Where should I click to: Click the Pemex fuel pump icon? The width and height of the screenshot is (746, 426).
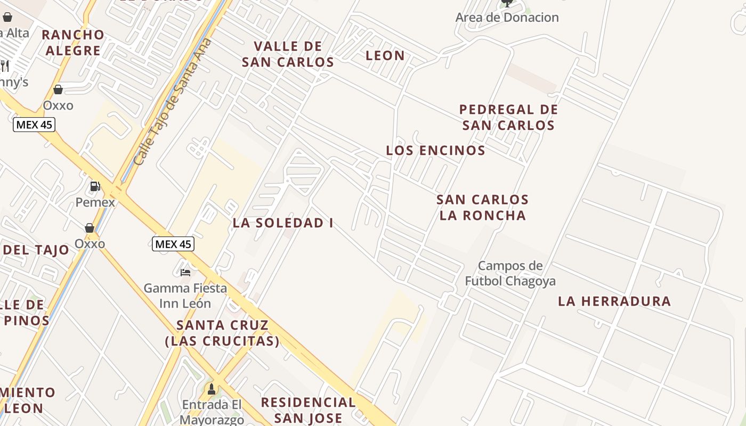point(95,186)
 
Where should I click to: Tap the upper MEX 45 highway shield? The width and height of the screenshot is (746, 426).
point(34,125)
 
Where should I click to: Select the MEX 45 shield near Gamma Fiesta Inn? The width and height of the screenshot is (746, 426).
point(173,244)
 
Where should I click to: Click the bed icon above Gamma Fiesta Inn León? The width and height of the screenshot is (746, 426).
point(185,272)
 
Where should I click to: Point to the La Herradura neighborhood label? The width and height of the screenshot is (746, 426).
point(614,301)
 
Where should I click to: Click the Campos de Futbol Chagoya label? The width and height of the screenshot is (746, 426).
point(510,273)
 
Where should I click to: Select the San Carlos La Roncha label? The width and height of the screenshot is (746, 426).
point(482,208)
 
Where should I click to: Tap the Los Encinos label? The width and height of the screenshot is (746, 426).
point(435,151)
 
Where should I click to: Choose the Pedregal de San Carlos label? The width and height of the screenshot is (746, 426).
point(508,118)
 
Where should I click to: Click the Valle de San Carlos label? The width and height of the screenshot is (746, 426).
point(288,54)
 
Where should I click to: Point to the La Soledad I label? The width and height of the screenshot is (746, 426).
point(283,223)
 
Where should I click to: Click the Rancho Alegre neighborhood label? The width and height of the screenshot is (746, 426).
point(73,43)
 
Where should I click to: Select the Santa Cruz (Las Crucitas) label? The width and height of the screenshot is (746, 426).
point(222,333)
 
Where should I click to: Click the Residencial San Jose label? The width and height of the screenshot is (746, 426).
point(308,410)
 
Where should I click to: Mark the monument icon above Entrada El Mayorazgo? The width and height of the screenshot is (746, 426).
point(212,389)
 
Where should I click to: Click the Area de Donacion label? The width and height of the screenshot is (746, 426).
point(507,18)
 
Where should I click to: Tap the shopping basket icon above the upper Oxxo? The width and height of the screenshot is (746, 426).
point(58,89)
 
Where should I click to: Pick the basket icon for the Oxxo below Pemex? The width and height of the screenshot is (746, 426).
point(90,228)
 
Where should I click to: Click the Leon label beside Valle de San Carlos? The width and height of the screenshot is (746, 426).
point(385,55)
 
